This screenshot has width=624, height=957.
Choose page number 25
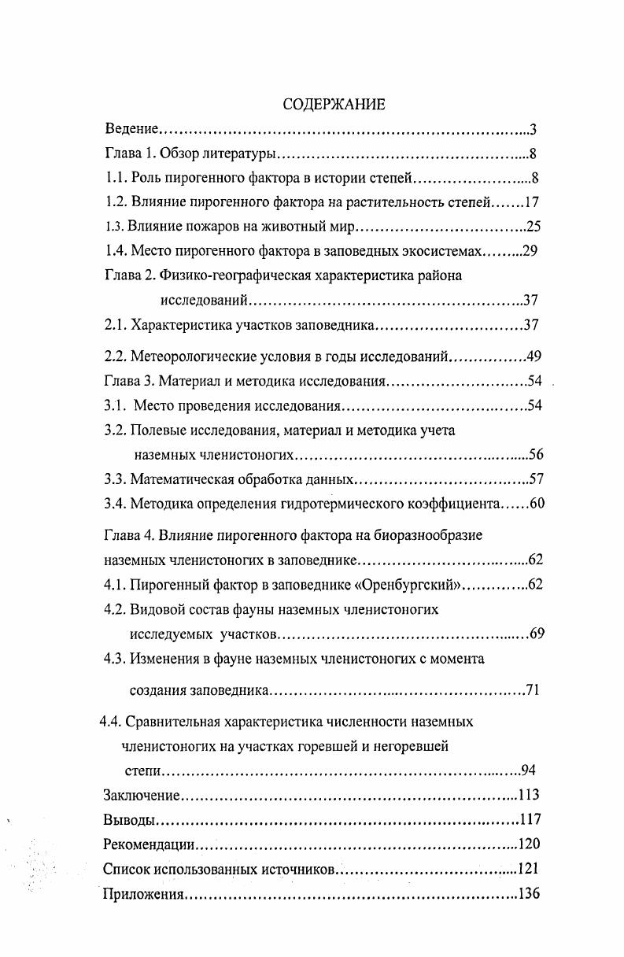pos(534,227)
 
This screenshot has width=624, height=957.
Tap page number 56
pos(536,454)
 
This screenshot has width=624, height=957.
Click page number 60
pos(537,504)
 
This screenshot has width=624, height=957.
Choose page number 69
pos(537,634)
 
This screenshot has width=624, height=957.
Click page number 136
pos(528,895)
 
